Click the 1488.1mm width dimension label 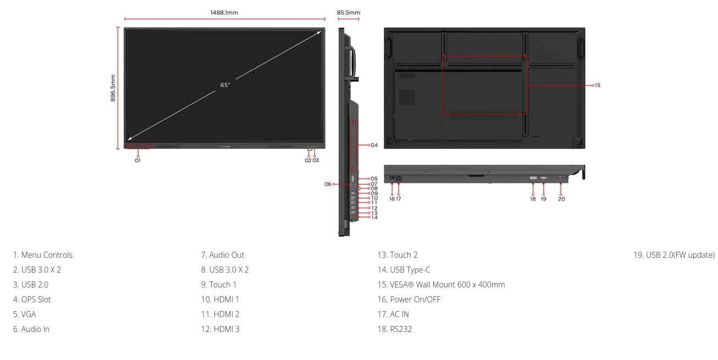coord(224,13)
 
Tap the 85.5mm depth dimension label coord(349,13)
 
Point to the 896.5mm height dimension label coord(113,88)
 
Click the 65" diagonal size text coord(225,85)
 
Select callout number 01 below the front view coord(137,160)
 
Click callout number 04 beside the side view coord(374,145)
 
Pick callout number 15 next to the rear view coord(598,85)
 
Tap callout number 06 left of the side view coord(328,184)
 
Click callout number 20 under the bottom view coord(561,199)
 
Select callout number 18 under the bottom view coord(533,199)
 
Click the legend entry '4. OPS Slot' coord(32,300)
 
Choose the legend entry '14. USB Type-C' coord(404,270)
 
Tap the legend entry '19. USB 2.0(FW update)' coord(674,255)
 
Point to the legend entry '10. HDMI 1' coord(220,300)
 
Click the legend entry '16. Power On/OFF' coord(408,300)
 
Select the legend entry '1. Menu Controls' coord(43,255)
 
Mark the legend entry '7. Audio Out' coord(223,255)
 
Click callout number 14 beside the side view coord(374,218)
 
